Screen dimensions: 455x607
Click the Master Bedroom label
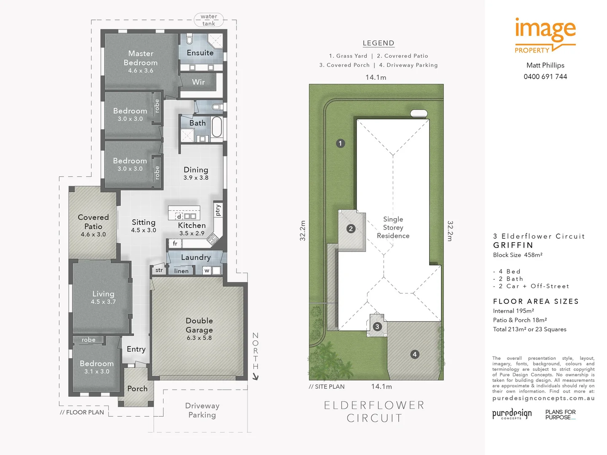141,58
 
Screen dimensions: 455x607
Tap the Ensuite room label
200,53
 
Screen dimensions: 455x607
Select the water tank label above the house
209,20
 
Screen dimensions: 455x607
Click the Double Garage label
199,325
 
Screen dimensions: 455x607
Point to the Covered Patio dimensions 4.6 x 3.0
93,235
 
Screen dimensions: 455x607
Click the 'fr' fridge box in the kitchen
175,244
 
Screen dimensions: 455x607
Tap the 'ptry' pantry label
218,210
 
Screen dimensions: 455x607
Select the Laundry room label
196,257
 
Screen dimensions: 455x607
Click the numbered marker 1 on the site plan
341,143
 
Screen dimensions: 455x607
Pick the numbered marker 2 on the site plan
351,229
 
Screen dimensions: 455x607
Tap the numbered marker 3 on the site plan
377,327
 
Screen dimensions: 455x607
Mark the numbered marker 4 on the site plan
415,354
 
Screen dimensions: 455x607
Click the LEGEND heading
378,43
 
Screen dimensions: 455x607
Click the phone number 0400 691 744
545,77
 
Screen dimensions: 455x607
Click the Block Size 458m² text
518,255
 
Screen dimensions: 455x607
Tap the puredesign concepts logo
512,414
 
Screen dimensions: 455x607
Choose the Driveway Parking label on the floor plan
202,410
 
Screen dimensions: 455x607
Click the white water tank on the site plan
419,113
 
